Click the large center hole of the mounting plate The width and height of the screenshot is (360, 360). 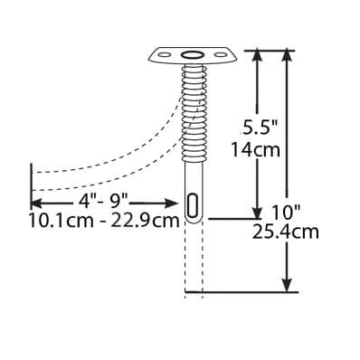tap(192, 56)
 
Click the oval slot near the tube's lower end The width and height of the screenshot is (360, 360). tap(193, 205)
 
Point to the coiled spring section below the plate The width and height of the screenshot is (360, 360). tap(192, 109)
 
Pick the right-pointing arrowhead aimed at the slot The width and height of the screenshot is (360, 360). tap(169, 204)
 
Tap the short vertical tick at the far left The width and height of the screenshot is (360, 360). tap(32, 185)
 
